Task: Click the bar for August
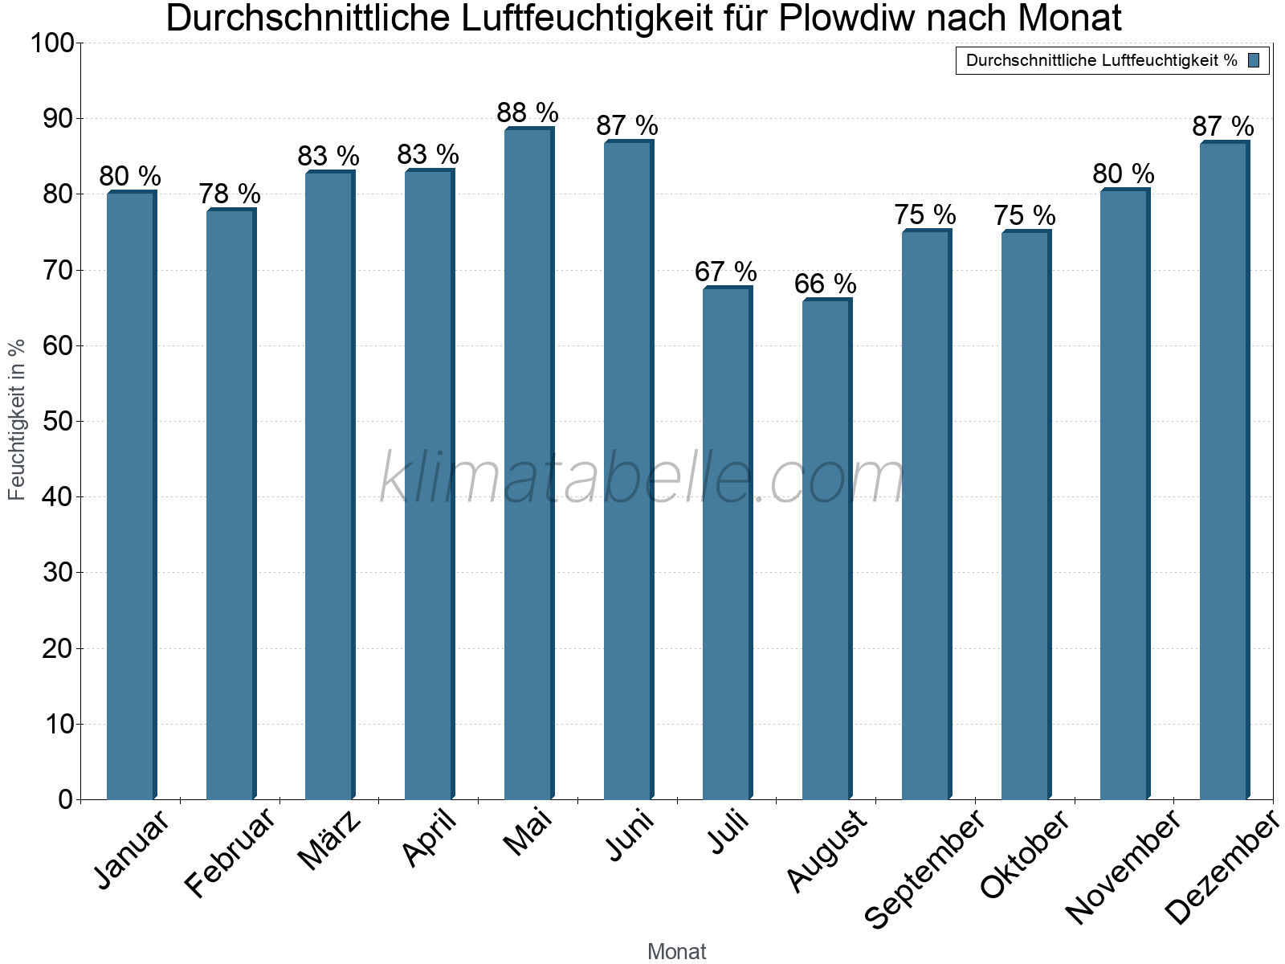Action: click(826, 549)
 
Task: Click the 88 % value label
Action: click(528, 112)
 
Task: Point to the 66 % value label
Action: click(826, 284)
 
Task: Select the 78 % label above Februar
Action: click(230, 194)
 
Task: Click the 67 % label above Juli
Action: click(726, 272)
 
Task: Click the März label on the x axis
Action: click(330, 840)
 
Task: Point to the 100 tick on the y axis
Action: click(51, 43)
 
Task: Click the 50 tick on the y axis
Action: click(57, 422)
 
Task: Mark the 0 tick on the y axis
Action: click(65, 799)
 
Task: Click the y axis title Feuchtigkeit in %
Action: click(17, 419)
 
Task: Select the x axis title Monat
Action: click(676, 951)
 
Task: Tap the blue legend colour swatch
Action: click(1254, 60)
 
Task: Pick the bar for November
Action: click(1124, 494)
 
